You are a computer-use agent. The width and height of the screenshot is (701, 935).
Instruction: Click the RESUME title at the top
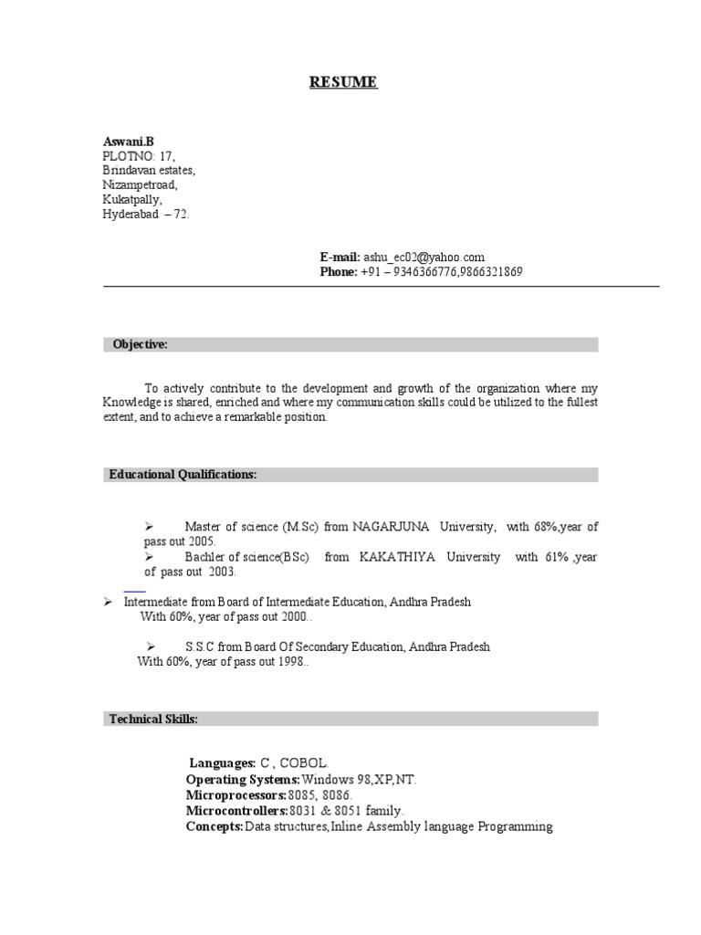point(342,83)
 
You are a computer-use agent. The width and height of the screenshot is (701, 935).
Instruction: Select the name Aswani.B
point(128,142)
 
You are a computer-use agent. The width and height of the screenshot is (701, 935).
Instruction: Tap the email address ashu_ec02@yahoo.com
point(424,257)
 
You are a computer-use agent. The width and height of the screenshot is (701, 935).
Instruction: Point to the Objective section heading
point(140,344)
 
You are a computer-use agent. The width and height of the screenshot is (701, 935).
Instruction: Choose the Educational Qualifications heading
point(183,475)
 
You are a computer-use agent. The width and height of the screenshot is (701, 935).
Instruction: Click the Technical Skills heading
point(152,720)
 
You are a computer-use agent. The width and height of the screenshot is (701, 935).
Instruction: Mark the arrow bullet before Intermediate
point(107,602)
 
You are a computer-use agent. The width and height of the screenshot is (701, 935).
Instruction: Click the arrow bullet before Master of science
point(150,527)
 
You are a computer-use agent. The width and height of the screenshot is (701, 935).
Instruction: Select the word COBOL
point(303,763)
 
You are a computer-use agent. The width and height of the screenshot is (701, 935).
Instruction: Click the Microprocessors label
point(236,795)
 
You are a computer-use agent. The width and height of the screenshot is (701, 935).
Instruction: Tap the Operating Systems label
point(242,780)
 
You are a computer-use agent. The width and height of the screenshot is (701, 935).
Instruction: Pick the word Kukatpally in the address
point(131,199)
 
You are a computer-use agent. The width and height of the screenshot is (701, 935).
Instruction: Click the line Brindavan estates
point(148,171)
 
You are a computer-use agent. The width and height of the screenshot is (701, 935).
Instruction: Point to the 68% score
point(544,527)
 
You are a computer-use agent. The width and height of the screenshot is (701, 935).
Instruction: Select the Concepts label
point(214,826)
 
